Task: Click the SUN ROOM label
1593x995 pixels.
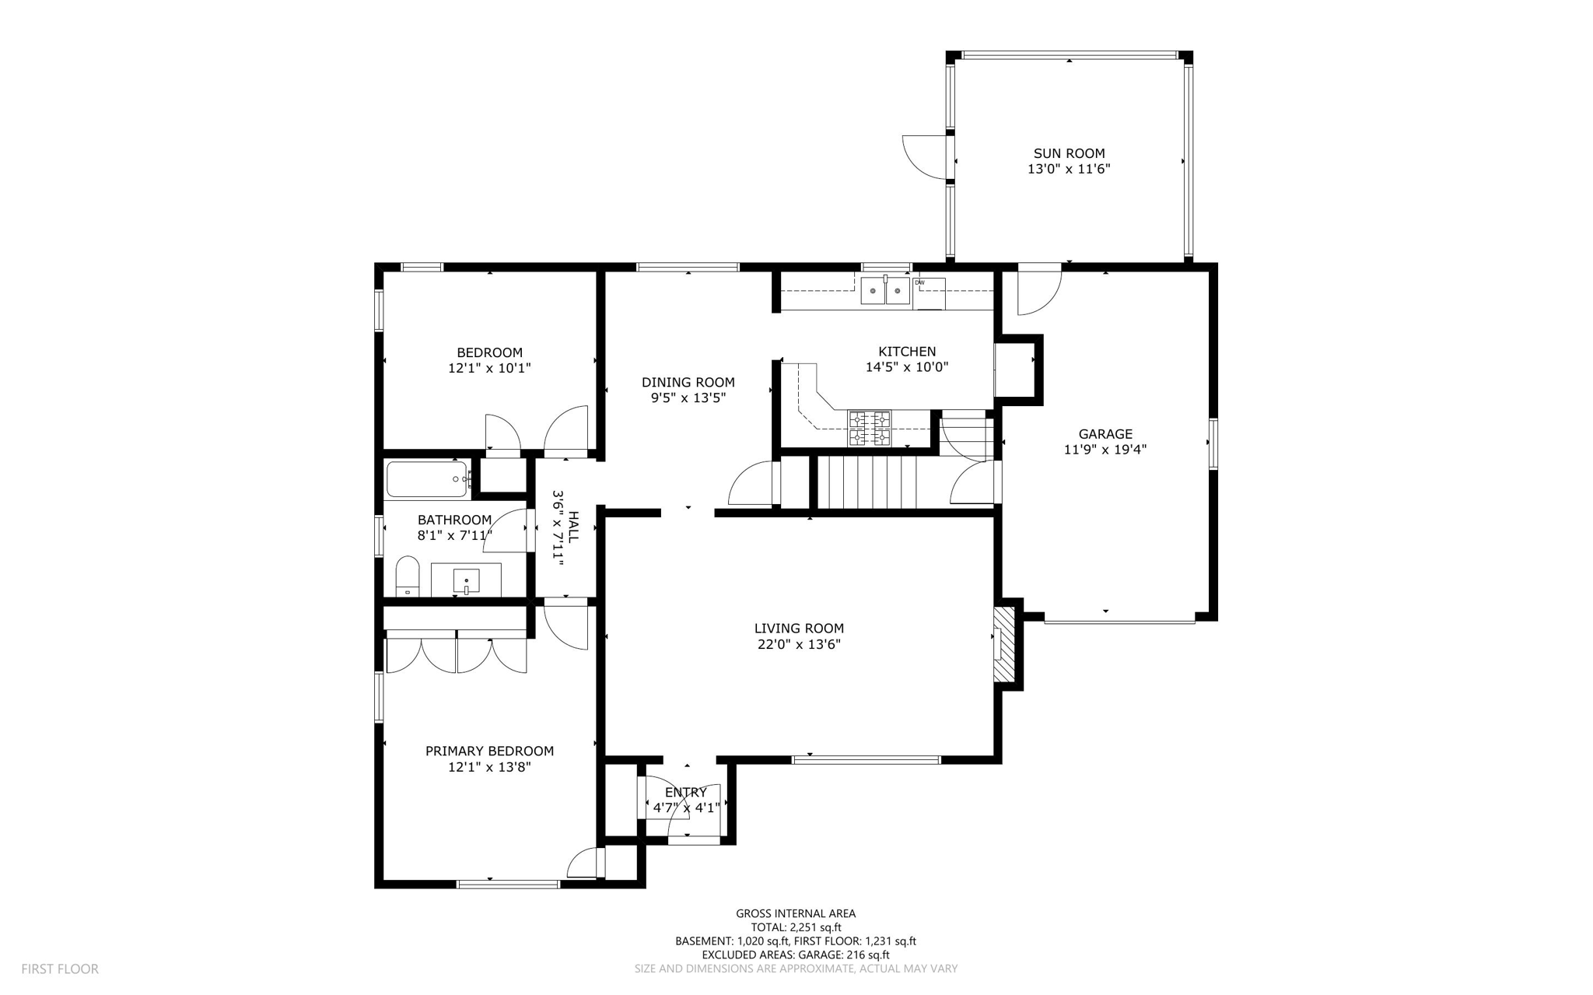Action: (x=1069, y=154)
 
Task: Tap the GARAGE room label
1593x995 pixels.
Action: (x=1105, y=434)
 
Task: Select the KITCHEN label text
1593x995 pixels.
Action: (x=907, y=352)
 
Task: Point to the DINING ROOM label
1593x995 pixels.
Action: (x=688, y=382)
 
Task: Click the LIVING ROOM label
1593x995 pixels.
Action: (x=799, y=629)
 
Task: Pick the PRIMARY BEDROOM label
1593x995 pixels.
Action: (x=489, y=752)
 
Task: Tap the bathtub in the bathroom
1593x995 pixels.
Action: (x=427, y=479)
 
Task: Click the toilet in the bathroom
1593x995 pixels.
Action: (x=408, y=576)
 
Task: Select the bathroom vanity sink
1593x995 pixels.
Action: (x=466, y=580)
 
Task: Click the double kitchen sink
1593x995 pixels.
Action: (x=885, y=290)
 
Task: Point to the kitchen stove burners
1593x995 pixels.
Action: (x=870, y=429)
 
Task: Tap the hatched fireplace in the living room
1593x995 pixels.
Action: (x=1005, y=644)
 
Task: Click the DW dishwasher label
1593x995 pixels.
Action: (x=919, y=282)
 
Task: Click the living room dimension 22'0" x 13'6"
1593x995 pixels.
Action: (x=799, y=644)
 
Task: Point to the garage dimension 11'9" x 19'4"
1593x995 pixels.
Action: (x=1105, y=450)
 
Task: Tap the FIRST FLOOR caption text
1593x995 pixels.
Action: (x=60, y=969)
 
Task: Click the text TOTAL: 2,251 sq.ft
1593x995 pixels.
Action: (x=796, y=927)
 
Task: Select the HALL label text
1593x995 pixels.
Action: (x=573, y=527)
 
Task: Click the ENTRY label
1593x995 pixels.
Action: (x=686, y=793)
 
